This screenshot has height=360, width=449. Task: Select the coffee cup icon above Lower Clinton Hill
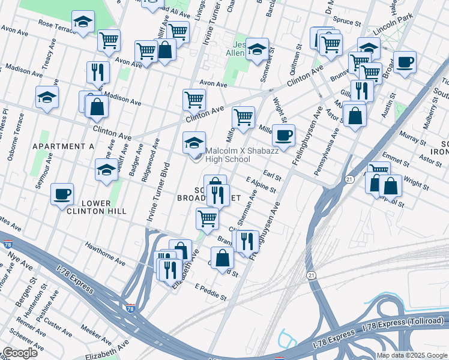pos(62,195)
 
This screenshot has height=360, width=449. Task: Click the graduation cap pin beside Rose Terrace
pos(83,23)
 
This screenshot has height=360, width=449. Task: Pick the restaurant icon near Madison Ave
pos(97,73)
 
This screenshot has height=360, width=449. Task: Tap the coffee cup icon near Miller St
pos(283,134)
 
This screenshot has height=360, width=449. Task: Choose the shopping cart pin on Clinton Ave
pos(194,100)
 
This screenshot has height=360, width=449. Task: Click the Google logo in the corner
pos(20,353)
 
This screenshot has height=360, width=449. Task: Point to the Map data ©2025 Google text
pos(412,355)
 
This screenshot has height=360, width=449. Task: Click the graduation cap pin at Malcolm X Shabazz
pos(194,143)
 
